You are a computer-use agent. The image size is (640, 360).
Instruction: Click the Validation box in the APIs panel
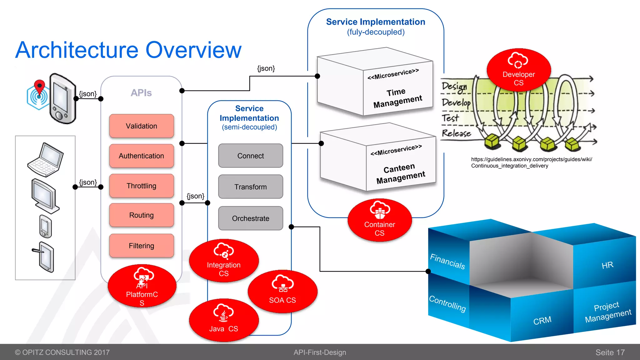[x=142, y=126]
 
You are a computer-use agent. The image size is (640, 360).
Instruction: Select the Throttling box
[x=142, y=186]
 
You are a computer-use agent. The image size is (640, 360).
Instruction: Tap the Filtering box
[x=142, y=246]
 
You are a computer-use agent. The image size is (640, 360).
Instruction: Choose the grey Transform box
[x=251, y=187]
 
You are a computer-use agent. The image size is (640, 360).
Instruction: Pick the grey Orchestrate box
[x=251, y=218]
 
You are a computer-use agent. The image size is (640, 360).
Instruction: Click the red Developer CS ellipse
[x=519, y=70]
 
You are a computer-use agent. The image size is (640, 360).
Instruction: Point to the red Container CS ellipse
[x=380, y=220]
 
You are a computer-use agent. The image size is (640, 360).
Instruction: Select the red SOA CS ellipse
[x=282, y=292]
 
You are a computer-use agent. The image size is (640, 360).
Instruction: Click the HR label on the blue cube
[x=607, y=265]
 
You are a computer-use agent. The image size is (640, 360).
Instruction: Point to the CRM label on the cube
[x=542, y=321]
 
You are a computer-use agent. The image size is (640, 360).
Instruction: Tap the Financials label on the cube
[x=447, y=261]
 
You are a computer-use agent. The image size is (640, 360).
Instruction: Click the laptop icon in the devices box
[x=46, y=160]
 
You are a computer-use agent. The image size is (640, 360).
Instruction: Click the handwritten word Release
[x=456, y=133]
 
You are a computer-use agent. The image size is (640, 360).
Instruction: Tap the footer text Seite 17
[x=610, y=352]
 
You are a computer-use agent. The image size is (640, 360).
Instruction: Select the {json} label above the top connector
[x=266, y=68]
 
